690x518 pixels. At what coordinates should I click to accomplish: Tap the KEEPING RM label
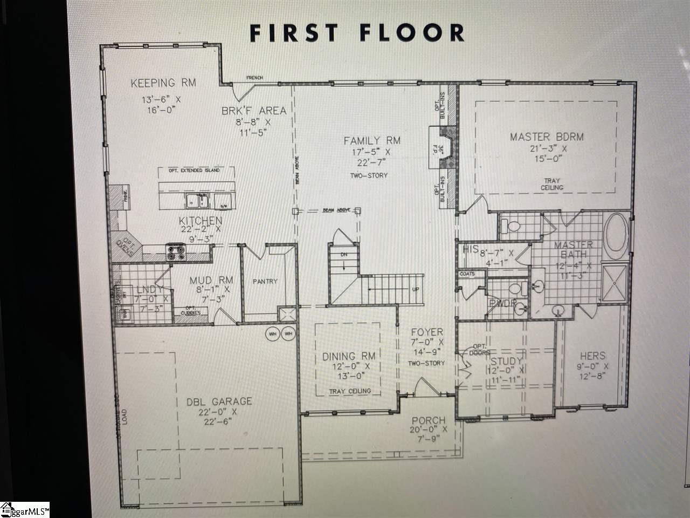click(163, 83)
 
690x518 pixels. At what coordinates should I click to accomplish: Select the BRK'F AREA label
click(253, 111)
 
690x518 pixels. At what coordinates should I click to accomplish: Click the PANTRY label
click(265, 281)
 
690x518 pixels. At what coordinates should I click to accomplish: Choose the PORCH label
click(429, 420)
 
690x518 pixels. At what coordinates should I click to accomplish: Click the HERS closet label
click(592, 356)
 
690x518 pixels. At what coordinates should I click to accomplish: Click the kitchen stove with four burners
click(176, 252)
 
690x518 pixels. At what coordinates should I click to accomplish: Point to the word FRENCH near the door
click(254, 78)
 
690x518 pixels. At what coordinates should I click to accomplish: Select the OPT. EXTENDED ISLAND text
click(196, 171)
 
